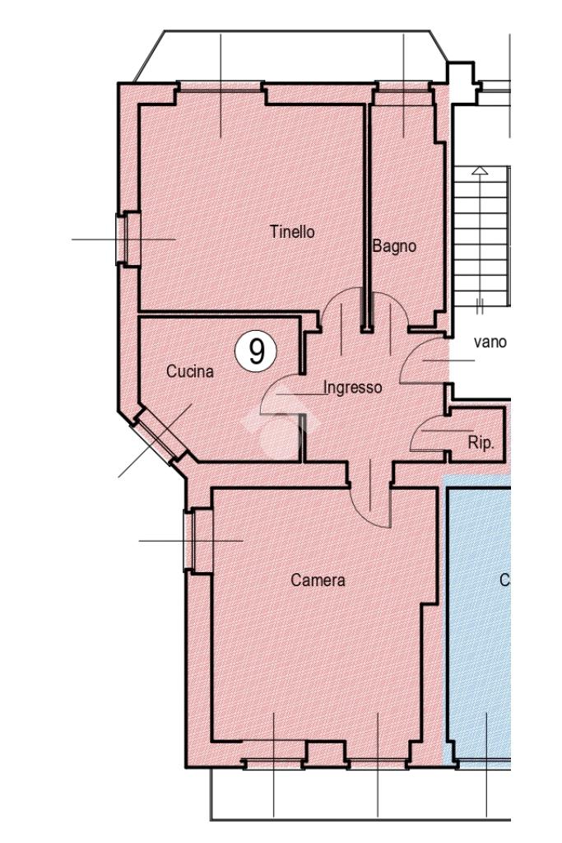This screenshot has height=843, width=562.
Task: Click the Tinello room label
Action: click(x=292, y=232)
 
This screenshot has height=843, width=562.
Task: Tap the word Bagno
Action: click(x=394, y=246)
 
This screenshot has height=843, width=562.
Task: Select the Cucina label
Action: click(x=190, y=371)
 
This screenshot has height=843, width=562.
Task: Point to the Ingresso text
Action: click(x=353, y=387)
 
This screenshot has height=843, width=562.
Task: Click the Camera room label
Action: click(x=318, y=580)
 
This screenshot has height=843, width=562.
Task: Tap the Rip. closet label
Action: click(x=481, y=443)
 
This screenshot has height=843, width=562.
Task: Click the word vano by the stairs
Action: click(x=490, y=342)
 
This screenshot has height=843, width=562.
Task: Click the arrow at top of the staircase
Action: click(x=480, y=170)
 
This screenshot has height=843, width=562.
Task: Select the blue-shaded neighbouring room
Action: click(x=478, y=618)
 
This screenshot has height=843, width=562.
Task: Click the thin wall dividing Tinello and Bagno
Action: click(x=368, y=215)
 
